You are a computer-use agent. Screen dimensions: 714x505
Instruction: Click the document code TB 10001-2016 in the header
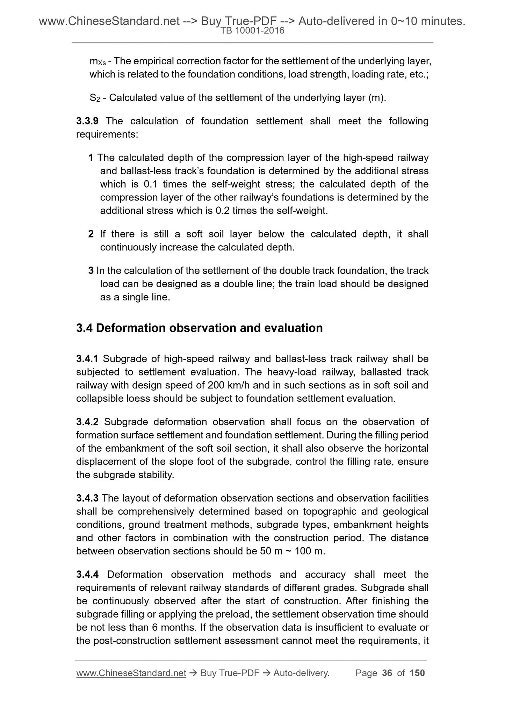click(252, 31)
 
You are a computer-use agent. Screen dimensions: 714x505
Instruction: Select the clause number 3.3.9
click(87, 121)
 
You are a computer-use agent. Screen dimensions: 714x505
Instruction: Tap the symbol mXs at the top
click(98, 61)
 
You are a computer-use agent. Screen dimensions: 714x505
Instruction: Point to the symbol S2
click(95, 98)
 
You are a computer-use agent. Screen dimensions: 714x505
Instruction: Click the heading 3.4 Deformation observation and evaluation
click(199, 328)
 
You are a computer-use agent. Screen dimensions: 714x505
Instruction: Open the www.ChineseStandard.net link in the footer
click(131, 673)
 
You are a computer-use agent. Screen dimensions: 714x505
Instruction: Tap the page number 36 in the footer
click(387, 673)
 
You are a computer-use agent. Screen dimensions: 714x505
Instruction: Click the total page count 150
click(417, 673)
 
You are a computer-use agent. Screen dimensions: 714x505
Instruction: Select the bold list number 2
click(91, 234)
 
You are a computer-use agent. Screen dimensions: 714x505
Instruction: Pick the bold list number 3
click(91, 271)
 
